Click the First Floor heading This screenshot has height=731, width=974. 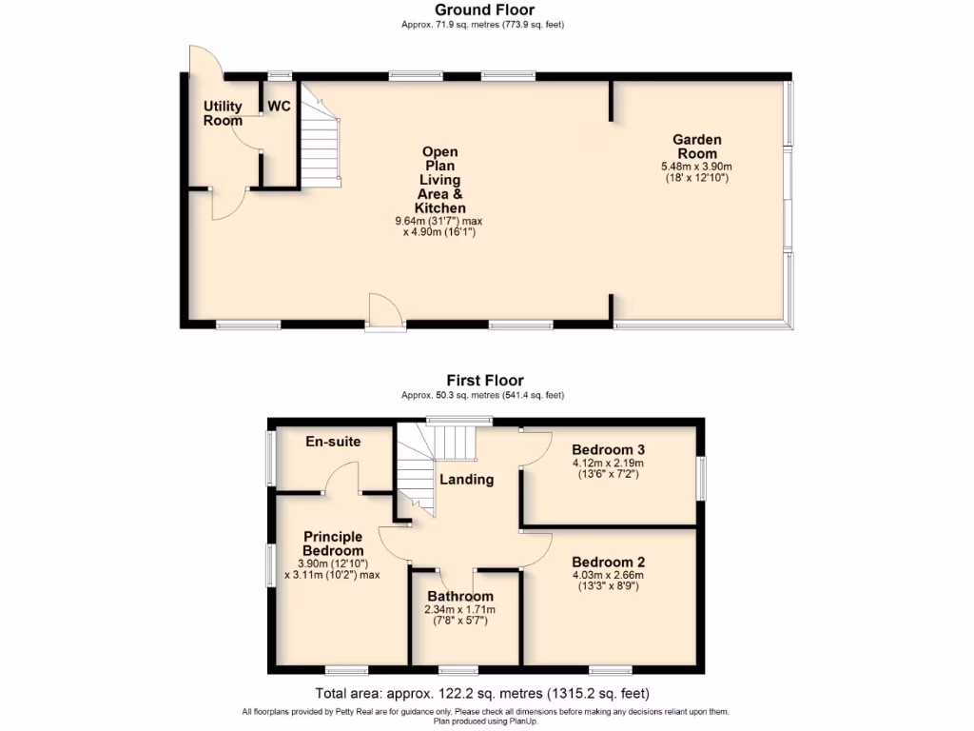(485, 380)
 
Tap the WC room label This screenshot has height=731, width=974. (279, 107)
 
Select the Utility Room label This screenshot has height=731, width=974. (223, 113)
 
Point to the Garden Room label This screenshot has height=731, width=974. (698, 147)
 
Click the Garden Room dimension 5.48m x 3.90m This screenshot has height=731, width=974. (697, 166)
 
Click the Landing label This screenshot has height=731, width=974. (466, 480)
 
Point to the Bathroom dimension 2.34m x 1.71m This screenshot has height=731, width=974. (460, 609)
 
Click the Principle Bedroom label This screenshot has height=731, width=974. (333, 543)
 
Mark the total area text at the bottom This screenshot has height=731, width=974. (482, 693)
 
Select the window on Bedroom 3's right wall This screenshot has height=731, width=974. (702, 477)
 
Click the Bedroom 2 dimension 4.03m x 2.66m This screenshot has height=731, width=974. (609, 575)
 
